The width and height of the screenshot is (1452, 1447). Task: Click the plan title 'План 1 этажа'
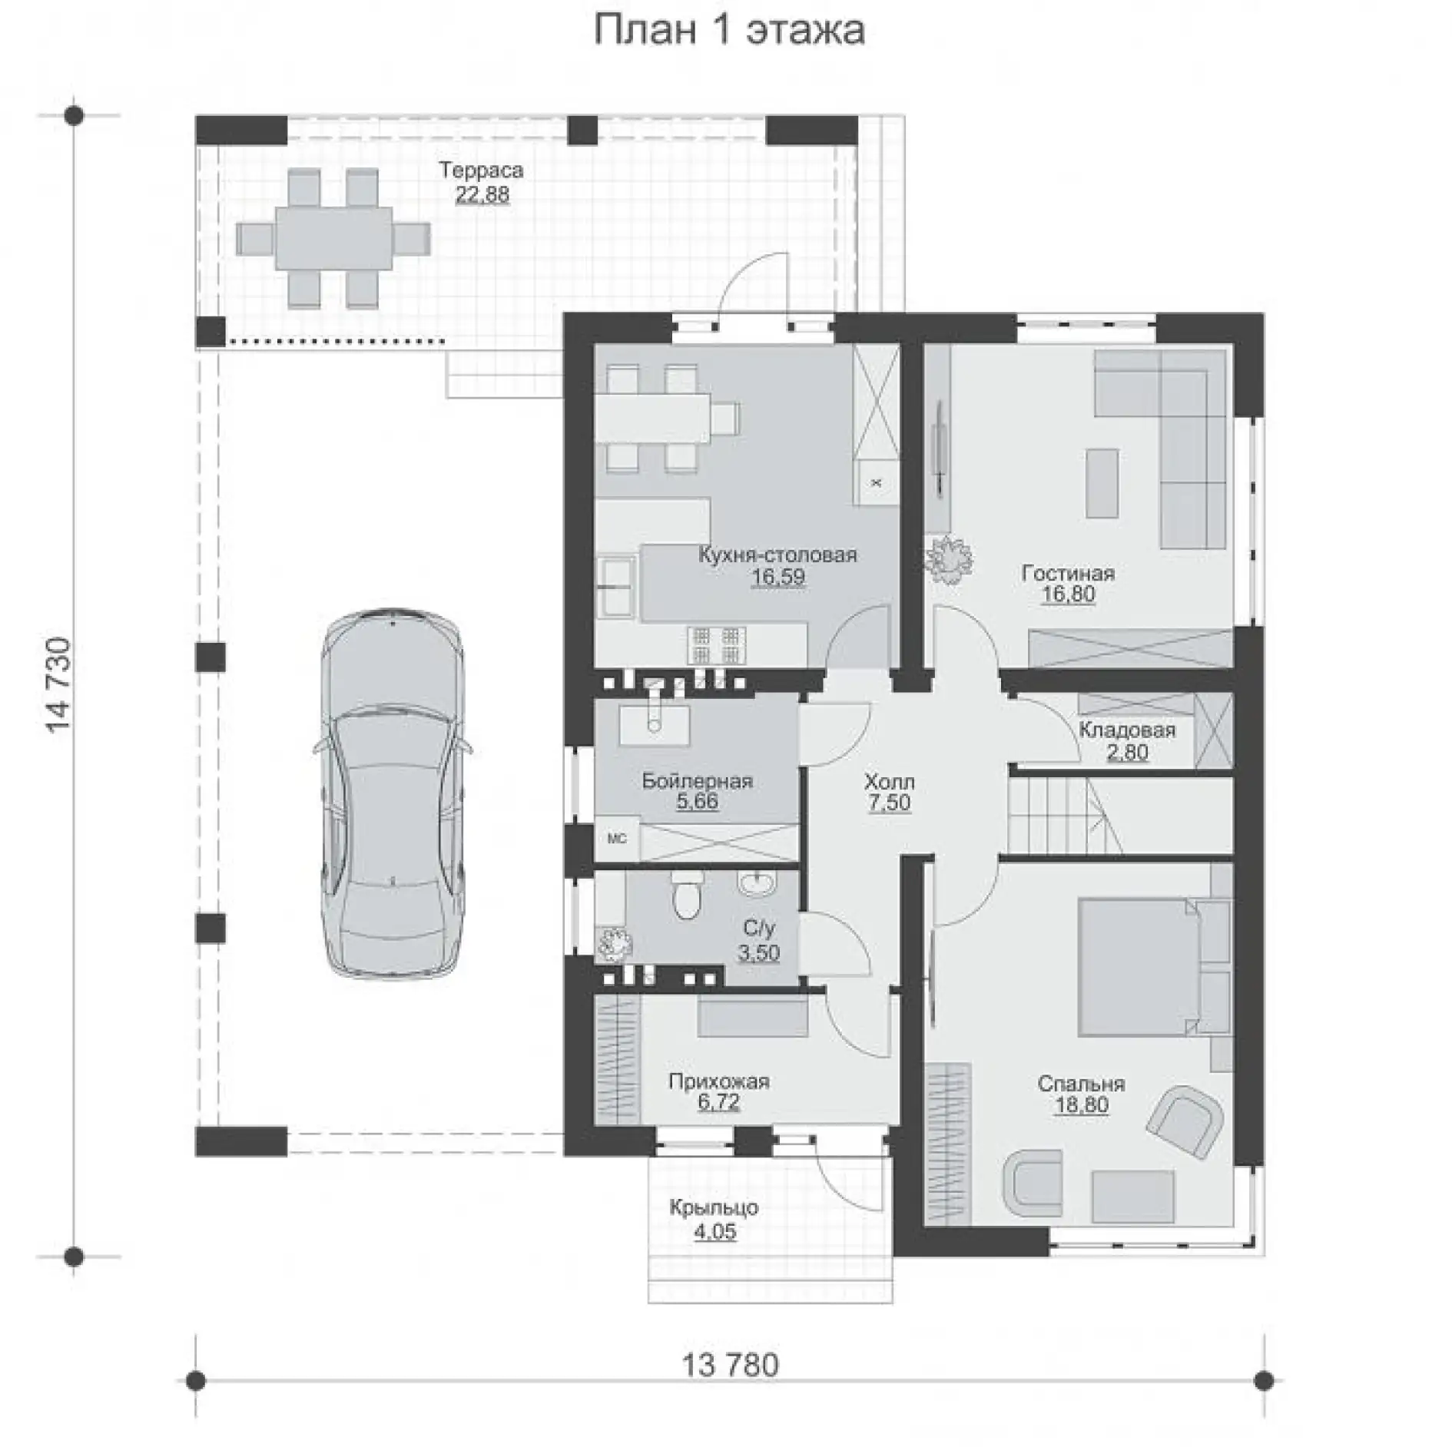729,31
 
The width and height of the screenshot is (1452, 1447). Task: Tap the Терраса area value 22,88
482,194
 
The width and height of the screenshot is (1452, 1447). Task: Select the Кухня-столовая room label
777,555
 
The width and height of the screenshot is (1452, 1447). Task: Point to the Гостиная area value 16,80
1069,594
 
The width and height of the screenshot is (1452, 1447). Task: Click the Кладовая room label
1127,729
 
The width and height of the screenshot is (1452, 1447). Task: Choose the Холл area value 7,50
890,803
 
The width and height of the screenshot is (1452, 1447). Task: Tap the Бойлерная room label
697,781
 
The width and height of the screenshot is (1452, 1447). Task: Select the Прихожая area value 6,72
719,1102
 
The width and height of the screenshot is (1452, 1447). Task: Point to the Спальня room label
1081,1084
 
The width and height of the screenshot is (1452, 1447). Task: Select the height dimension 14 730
61,686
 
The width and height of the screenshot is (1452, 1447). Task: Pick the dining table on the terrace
333,237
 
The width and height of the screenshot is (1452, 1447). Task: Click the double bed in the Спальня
1138,967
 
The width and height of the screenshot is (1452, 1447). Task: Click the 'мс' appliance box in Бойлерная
617,839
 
